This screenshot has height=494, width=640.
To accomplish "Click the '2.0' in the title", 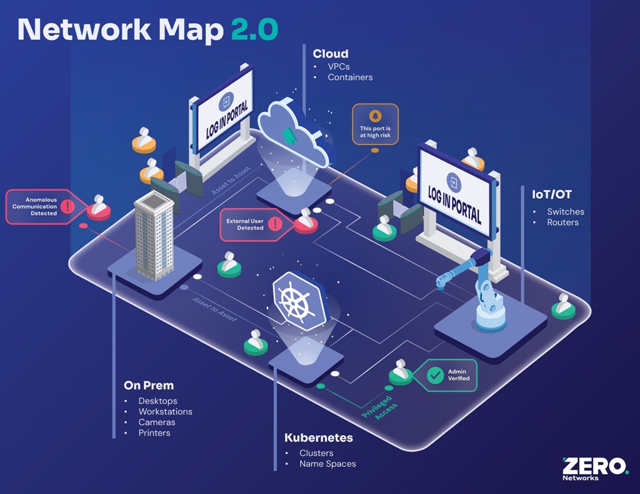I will click(254, 30).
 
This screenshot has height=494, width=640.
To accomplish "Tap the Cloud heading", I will click(330, 54).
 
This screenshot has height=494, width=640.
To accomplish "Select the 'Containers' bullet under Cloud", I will click(350, 78).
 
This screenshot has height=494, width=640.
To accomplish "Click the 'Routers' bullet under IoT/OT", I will click(562, 223).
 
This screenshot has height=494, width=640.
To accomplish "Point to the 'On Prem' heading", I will click(149, 385).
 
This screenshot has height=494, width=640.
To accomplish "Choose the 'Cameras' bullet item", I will click(157, 422).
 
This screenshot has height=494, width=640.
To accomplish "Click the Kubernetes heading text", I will click(318, 438).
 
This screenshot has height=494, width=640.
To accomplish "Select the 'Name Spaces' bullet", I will click(327, 464).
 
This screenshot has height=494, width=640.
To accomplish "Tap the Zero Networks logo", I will click(594, 468).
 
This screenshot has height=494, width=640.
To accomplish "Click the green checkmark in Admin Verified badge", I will click(435, 375).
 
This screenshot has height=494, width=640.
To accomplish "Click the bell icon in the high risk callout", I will click(375, 116).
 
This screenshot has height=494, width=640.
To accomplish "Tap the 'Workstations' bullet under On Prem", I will click(165, 411).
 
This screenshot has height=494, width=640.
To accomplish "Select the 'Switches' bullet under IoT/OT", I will click(566, 212).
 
